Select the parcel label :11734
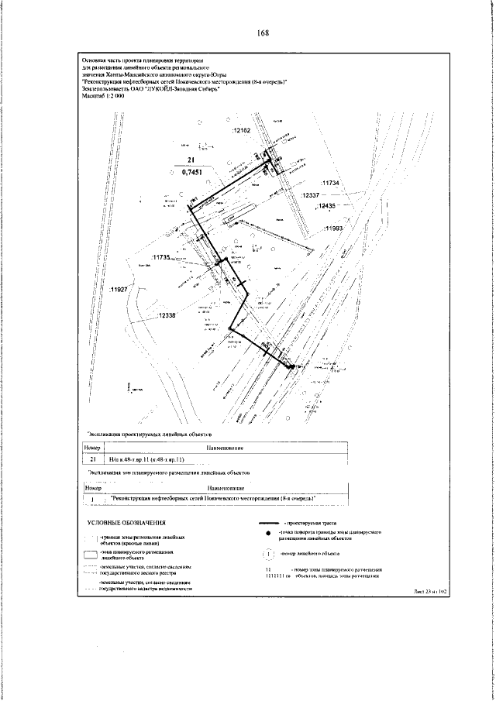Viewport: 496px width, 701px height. coord(331,183)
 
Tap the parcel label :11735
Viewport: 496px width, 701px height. coord(161,256)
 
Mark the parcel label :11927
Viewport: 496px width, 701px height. coord(119,289)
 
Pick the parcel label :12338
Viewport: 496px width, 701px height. coord(167,315)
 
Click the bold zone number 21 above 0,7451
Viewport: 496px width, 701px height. coord(189,162)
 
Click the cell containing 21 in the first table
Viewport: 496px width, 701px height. coord(92,459)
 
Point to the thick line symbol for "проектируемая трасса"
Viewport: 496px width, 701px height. coord(267,524)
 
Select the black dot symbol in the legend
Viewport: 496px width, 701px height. coord(267,534)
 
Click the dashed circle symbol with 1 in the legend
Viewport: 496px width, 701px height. coord(267,554)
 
